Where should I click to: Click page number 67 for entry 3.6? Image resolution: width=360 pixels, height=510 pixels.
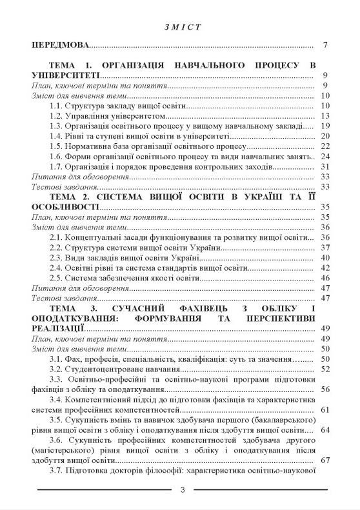point(325,460)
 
